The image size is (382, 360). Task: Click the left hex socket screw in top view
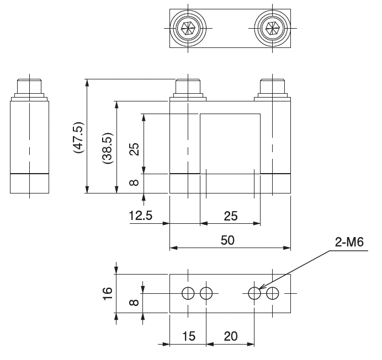click(x=188, y=27)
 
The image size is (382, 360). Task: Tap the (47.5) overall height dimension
click(x=77, y=136)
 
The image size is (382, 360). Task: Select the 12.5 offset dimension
click(x=141, y=216)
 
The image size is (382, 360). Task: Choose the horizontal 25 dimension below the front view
click(x=230, y=216)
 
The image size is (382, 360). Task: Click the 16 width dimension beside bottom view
click(x=107, y=293)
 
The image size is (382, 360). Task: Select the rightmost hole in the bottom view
click(x=272, y=293)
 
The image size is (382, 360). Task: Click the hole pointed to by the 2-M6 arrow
click(x=254, y=293)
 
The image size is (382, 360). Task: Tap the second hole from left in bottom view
click(x=206, y=293)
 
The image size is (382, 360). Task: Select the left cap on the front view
click(x=188, y=87)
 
